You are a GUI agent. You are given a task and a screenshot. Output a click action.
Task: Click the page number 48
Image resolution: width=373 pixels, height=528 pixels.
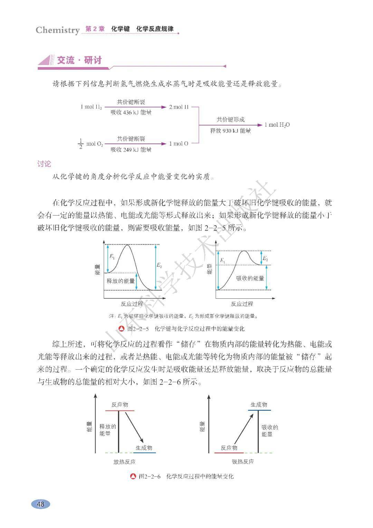click(x=40, y=504)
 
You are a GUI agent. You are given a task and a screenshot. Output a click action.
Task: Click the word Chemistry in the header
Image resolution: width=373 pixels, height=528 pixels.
click(x=58, y=30)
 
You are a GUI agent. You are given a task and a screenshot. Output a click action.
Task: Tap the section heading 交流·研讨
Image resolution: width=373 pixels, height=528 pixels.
click(x=79, y=61)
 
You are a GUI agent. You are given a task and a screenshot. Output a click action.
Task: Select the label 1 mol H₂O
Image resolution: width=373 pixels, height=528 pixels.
click(x=277, y=125)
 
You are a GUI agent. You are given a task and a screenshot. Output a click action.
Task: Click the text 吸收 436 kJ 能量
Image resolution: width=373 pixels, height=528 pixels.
click(x=131, y=113)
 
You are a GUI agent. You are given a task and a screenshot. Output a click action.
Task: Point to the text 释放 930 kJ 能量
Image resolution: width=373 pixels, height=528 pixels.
click(x=230, y=131)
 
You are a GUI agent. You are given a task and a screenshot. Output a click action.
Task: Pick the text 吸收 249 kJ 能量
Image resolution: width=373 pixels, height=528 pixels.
click(x=131, y=150)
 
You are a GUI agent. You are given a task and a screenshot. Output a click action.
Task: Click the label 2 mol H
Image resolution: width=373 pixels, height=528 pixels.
click(x=179, y=107)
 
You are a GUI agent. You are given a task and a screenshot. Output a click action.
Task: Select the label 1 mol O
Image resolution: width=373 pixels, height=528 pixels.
click(x=179, y=143)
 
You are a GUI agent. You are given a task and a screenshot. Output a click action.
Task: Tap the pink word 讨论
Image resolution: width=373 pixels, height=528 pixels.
click(x=44, y=164)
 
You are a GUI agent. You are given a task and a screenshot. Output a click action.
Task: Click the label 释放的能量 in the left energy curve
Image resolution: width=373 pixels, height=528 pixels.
click(x=121, y=281)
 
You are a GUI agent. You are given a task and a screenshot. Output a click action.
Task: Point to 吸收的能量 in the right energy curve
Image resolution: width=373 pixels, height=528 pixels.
click(x=250, y=278)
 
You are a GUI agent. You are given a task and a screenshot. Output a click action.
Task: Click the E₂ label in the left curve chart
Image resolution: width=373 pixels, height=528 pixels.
click(x=159, y=266)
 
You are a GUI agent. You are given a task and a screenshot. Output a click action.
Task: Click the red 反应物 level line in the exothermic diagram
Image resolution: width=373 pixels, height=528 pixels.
click(x=119, y=411)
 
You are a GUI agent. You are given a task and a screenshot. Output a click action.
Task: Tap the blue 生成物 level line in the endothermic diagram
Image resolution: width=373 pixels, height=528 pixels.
click(x=259, y=410)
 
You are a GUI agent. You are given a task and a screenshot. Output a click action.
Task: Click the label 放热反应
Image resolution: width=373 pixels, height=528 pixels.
click(x=124, y=462)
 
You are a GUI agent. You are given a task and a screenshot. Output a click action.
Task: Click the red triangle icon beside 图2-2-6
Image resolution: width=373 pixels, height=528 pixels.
click(x=133, y=476)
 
